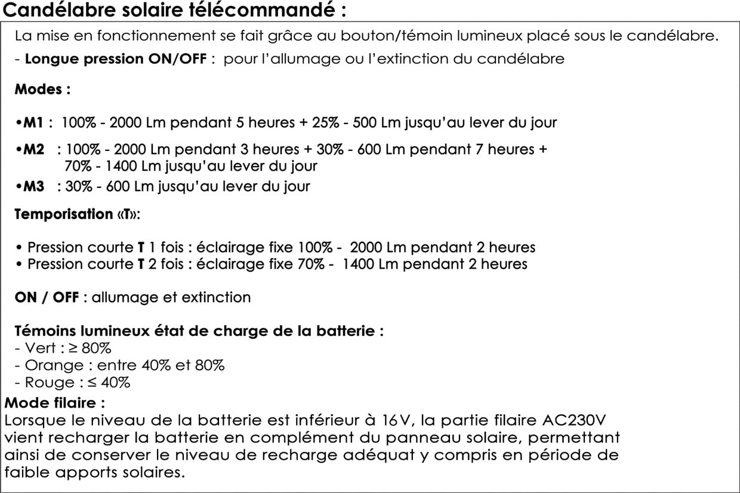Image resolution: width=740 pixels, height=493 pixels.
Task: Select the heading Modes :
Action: tap(42, 90)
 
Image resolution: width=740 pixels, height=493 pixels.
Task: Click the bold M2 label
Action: tap(33, 149)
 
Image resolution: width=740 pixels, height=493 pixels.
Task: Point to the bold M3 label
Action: tap(33, 186)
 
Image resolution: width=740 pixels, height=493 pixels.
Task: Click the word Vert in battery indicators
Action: tap(41, 348)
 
